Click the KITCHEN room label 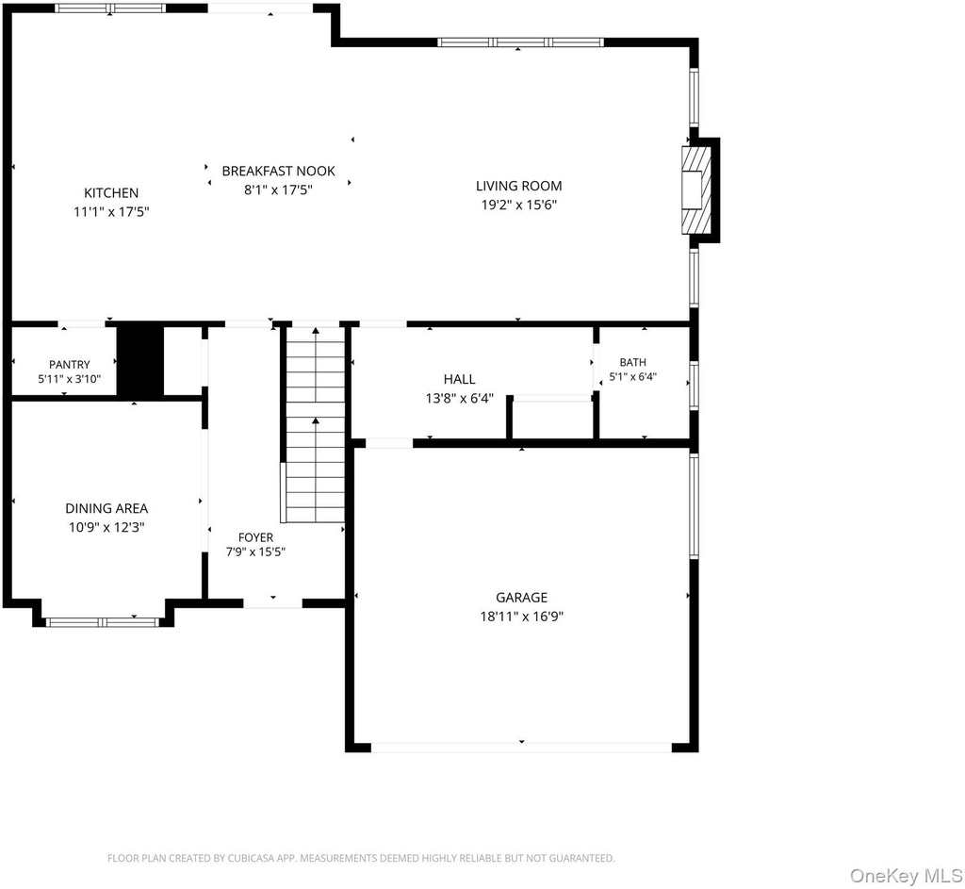pos(111,192)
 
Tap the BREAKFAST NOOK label pos(279,172)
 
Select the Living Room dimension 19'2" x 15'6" pos(519,205)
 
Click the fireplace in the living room pos(700,190)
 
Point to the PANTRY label pos(70,365)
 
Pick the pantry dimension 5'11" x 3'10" pos(70,379)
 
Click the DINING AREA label pos(106,508)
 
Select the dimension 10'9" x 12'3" pos(106,527)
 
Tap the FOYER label pos(255,537)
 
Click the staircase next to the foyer pos(315,425)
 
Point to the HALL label pos(459,379)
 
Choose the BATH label pos(632,362)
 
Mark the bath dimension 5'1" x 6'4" pos(632,377)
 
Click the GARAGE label pos(522,597)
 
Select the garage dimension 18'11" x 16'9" pos(522,617)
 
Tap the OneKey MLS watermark pos(906,876)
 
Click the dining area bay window pos(103,622)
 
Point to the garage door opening pos(521,748)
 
